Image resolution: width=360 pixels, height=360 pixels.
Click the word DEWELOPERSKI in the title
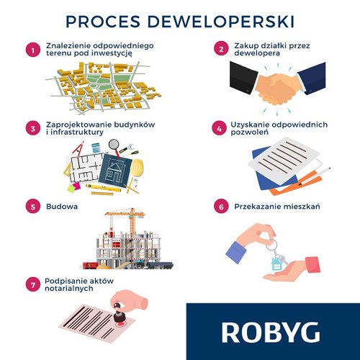pos(221,22)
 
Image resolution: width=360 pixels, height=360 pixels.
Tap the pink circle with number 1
pos(33,50)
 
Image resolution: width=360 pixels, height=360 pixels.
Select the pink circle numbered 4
pos(219,128)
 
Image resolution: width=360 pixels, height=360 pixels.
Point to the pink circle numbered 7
pos(33,284)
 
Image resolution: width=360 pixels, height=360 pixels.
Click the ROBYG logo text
pos(271,333)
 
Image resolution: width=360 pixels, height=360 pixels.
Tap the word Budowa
pos(62,207)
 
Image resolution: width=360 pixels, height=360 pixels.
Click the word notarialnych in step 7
pos(69,289)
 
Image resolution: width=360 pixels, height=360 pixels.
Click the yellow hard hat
pos(137,168)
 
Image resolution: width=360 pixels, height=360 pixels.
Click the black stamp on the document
pos(118,312)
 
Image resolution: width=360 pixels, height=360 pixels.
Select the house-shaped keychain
pos(276,264)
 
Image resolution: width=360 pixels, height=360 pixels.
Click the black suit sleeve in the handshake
pos(243,77)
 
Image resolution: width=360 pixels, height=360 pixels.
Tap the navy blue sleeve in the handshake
pos(312,77)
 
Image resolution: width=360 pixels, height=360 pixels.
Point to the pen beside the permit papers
pos(315,176)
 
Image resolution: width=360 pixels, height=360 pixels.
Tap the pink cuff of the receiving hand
pos(312,264)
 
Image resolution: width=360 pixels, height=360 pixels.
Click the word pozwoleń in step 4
pos(249,132)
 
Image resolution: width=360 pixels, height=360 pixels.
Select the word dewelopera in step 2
pos(257,53)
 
